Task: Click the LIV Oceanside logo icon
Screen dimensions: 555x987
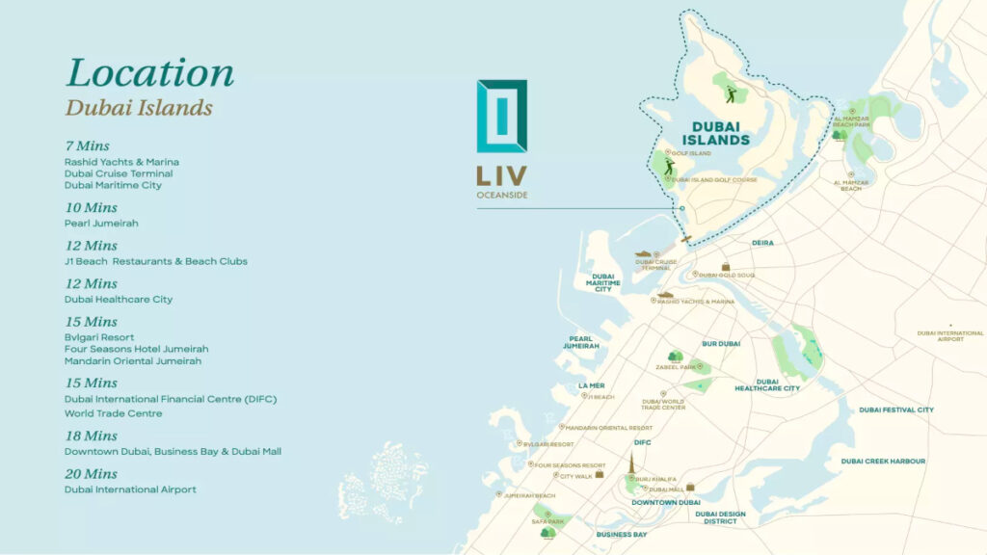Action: (x=502, y=116)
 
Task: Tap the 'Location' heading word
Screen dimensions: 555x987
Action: (x=149, y=73)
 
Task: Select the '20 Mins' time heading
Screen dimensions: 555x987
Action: (x=91, y=474)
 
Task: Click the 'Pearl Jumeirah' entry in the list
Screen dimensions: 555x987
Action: (x=101, y=224)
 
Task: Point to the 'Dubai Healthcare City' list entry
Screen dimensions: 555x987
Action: (x=119, y=300)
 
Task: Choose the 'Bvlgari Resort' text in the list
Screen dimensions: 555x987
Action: (x=96, y=338)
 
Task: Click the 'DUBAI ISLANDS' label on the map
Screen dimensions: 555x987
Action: (x=720, y=133)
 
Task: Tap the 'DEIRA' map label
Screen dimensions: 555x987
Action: (x=762, y=244)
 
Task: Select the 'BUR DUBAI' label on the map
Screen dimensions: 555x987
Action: (x=721, y=343)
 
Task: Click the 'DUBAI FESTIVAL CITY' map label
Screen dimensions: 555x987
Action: (x=896, y=410)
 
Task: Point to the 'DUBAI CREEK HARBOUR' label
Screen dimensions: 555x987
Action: (x=883, y=462)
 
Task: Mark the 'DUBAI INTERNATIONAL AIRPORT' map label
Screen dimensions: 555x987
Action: (x=950, y=336)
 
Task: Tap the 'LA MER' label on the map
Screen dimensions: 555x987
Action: (x=591, y=385)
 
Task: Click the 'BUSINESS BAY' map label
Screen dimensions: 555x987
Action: (x=622, y=534)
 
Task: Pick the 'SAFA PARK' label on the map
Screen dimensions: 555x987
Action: (x=548, y=521)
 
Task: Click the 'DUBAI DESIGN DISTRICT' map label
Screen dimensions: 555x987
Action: (x=720, y=517)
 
